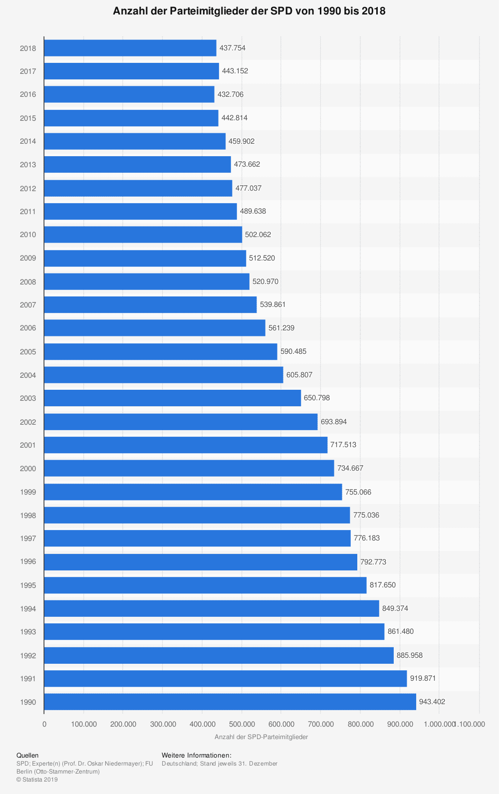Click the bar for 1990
(230, 702)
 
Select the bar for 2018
(130, 48)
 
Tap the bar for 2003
(172, 398)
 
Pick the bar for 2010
(143, 235)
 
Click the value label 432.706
(231, 94)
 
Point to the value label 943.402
(432, 702)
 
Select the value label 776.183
(367, 538)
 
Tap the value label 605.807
(299, 375)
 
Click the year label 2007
(28, 305)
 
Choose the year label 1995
(28, 585)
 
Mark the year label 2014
(28, 141)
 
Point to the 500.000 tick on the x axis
(242, 724)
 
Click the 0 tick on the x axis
(44, 724)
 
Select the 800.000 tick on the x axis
(360, 724)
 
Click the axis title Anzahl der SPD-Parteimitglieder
(261, 737)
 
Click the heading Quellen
(27, 756)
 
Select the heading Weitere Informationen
(197, 756)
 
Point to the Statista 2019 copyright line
(37, 780)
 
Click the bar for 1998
(197, 515)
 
